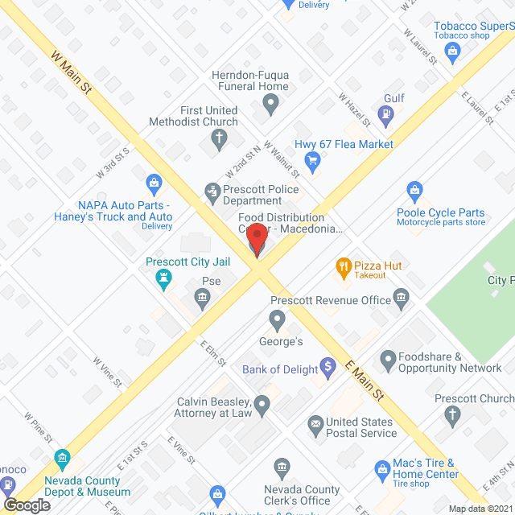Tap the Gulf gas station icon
387,115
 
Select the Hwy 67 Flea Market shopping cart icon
314,160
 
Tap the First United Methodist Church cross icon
218,138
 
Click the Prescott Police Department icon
212,191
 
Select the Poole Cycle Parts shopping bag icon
414,191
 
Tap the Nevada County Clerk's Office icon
282,468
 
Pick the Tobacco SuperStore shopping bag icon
452,52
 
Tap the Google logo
27,505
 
